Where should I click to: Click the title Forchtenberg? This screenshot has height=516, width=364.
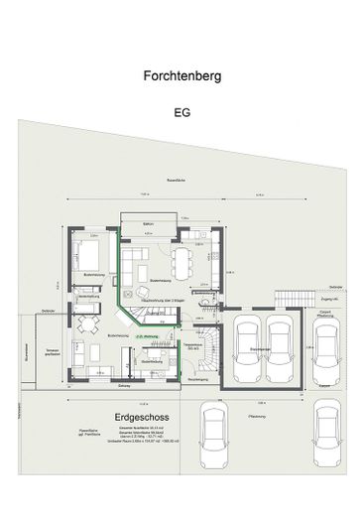[x=182, y=75]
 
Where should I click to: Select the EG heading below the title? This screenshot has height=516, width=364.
[x=181, y=112]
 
